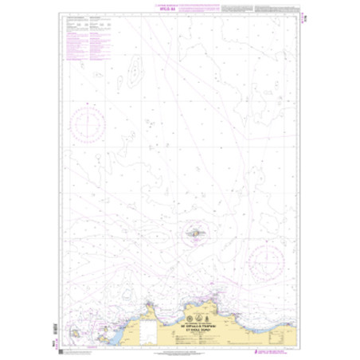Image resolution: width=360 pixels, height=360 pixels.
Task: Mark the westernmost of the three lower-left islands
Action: click(x=74, y=324)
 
